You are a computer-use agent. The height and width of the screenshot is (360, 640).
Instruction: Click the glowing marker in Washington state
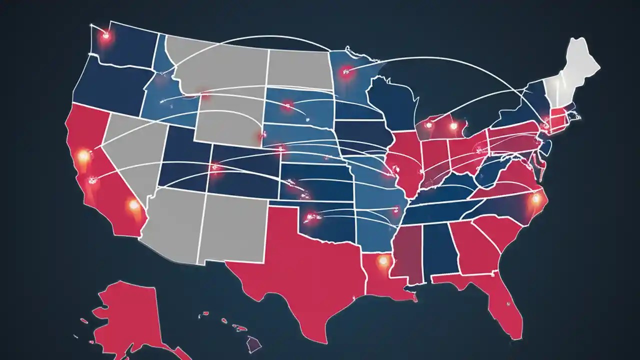point(105,35)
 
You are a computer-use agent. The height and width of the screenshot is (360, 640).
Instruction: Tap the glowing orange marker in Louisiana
point(383,260)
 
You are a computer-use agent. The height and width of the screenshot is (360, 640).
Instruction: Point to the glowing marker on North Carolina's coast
point(536,199)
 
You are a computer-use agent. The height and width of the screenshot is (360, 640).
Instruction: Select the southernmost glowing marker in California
point(133,204)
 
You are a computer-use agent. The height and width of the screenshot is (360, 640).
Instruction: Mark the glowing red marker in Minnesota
point(344,72)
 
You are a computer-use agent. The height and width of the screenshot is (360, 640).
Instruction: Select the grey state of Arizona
point(175,220)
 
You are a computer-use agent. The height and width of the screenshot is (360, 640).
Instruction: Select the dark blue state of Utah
point(185,160)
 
